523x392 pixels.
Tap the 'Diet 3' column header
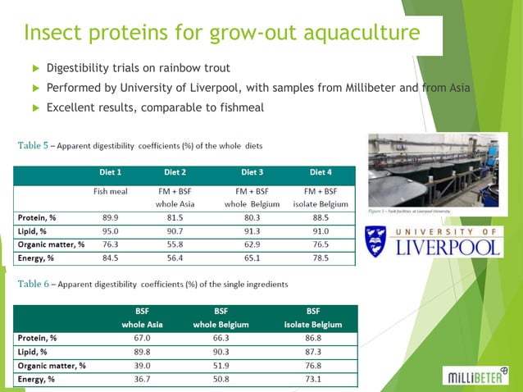(x=252, y=173)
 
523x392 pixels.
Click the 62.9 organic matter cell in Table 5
(x=252, y=244)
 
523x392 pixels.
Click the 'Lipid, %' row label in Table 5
(x=34, y=230)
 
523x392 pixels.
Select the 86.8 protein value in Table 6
(x=313, y=338)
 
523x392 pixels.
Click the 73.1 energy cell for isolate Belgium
(x=313, y=380)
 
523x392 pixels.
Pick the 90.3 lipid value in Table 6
(x=221, y=352)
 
